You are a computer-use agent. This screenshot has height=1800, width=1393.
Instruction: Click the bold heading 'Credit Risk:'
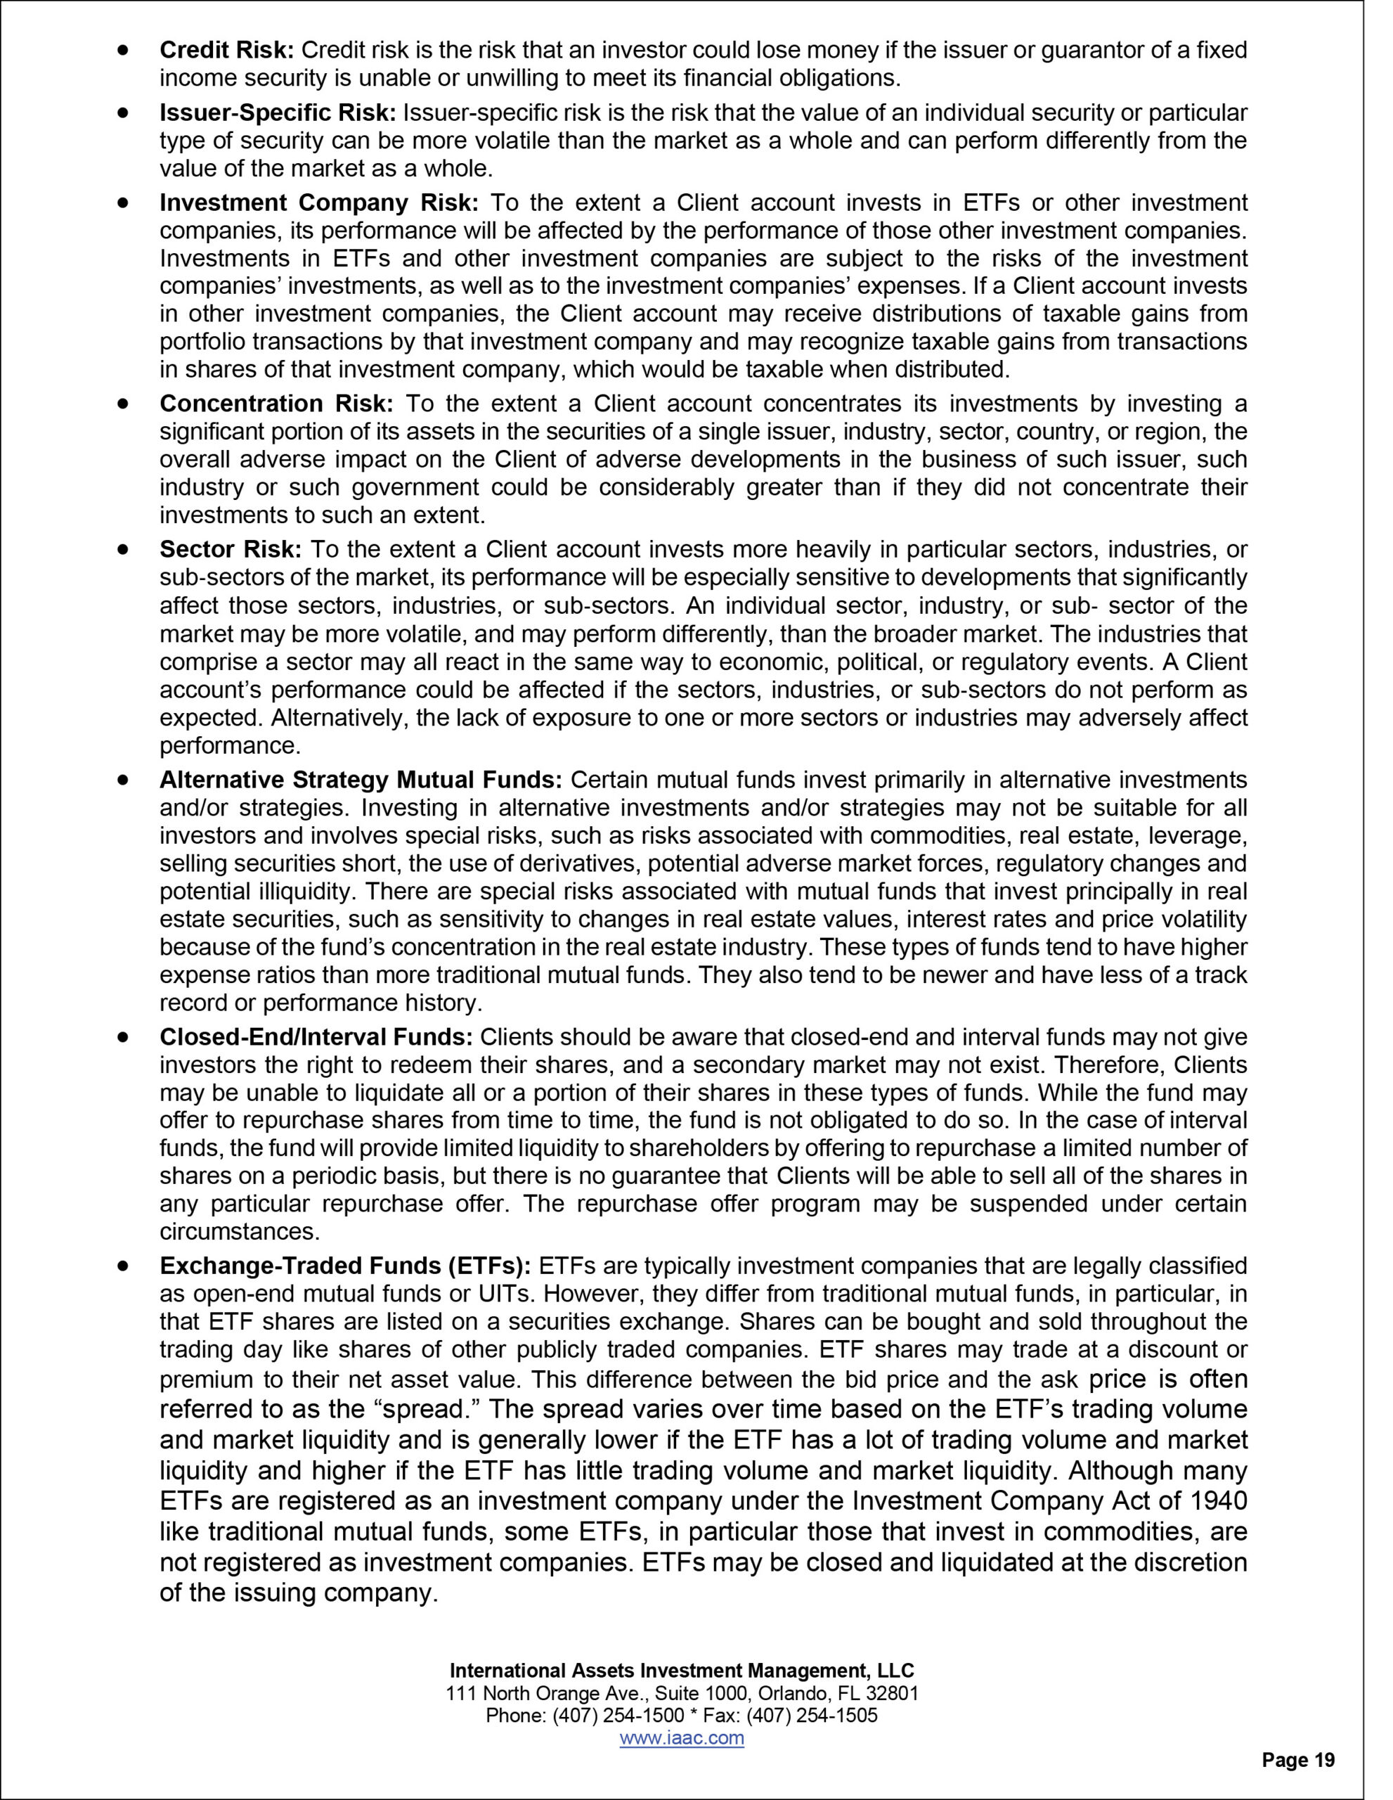(x=226, y=51)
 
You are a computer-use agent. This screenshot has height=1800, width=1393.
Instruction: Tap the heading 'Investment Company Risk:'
(x=319, y=202)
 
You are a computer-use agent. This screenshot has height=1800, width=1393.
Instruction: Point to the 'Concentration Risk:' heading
(x=277, y=404)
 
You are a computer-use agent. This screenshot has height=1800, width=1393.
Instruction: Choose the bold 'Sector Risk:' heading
(x=231, y=550)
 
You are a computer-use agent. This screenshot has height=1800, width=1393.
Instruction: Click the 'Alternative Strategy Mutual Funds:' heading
(x=361, y=780)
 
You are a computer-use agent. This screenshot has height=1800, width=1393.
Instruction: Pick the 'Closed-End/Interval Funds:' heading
(x=316, y=1037)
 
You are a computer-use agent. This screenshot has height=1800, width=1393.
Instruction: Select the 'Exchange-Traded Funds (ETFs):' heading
(x=346, y=1265)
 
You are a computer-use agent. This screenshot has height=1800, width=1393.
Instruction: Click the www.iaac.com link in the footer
(x=681, y=1738)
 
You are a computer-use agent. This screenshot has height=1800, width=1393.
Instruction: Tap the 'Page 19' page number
(x=1298, y=1761)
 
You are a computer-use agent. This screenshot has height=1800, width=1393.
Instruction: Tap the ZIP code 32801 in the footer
(x=892, y=1694)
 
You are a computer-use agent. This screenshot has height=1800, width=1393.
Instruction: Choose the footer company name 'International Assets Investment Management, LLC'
(x=682, y=1671)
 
